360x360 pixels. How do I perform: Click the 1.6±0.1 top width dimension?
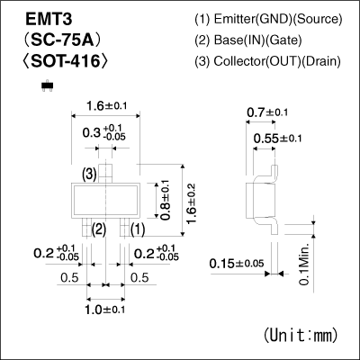(x=109, y=105)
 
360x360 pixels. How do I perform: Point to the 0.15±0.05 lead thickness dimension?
(x=237, y=263)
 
